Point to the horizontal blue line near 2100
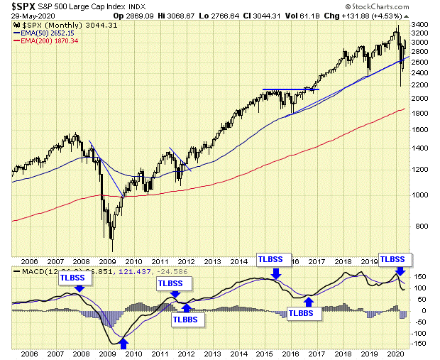click(x=291, y=89)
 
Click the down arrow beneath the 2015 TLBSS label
click(x=277, y=273)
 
